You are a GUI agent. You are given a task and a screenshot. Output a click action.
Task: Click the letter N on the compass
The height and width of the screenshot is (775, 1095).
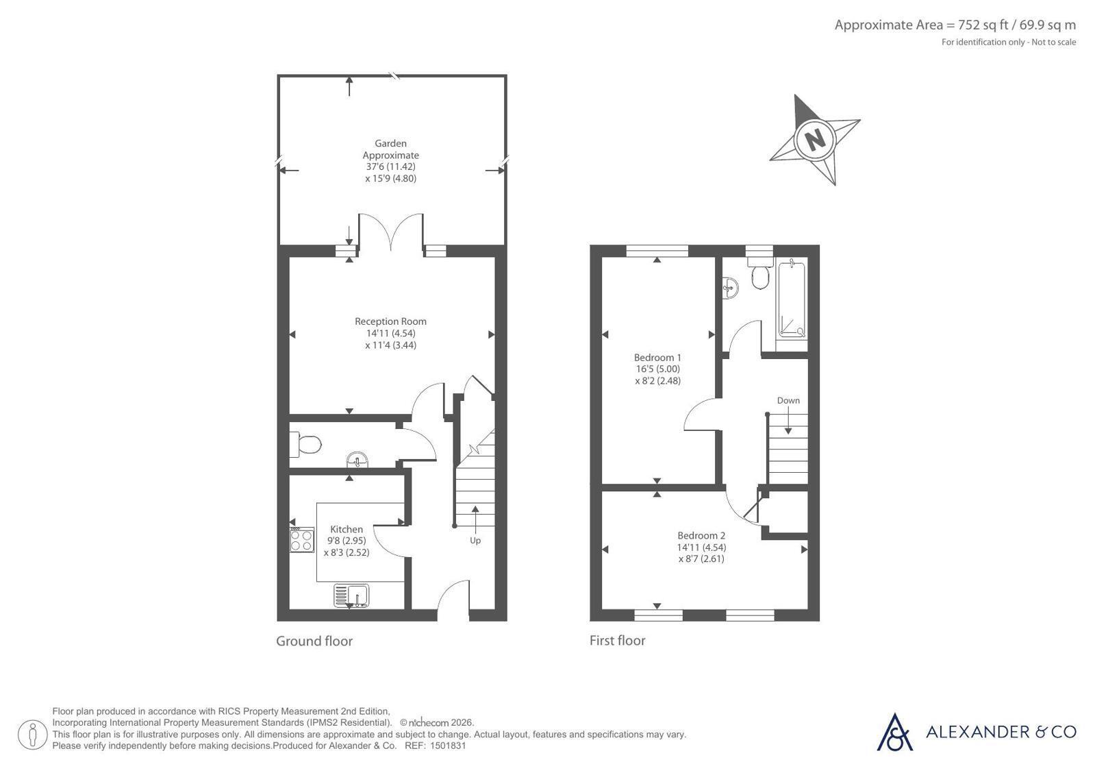(x=814, y=139)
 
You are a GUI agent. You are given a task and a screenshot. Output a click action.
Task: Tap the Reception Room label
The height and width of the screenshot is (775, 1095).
(x=390, y=321)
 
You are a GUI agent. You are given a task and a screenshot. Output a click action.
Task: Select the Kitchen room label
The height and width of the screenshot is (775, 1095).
(x=347, y=529)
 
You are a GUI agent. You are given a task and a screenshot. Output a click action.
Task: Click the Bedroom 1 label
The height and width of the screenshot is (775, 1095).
(x=657, y=357)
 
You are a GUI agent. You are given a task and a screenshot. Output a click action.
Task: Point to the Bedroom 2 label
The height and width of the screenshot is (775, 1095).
(x=701, y=535)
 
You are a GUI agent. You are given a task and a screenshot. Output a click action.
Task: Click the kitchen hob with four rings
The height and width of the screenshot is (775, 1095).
(x=301, y=540)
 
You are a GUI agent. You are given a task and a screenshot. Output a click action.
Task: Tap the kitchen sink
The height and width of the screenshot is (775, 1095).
(x=351, y=596)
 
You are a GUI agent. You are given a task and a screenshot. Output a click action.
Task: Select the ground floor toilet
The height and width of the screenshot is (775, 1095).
(x=305, y=444)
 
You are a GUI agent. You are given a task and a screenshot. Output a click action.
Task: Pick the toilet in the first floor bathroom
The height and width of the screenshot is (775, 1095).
(x=759, y=273)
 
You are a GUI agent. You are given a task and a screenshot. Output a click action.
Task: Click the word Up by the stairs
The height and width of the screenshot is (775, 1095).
(x=475, y=541)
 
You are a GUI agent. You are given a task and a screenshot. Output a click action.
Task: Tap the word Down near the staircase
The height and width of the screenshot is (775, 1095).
(x=788, y=400)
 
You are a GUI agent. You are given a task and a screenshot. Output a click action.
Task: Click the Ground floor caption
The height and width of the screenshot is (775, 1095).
(x=314, y=641)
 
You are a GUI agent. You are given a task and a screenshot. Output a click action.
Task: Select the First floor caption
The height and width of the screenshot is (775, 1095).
(x=618, y=641)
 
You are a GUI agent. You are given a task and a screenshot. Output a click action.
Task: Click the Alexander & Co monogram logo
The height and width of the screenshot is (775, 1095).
(x=894, y=732)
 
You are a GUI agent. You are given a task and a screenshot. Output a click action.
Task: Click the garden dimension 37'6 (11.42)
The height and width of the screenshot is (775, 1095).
(x=390, y=167)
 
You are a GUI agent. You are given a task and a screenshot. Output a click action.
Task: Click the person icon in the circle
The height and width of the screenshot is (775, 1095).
(x=32, y=735)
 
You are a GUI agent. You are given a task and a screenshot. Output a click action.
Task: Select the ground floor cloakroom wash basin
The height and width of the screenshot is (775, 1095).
(x=357, y=460)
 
